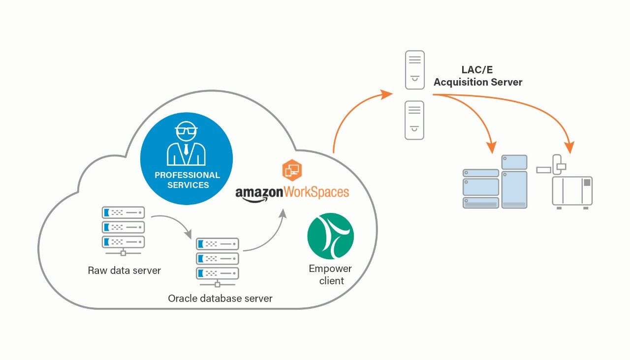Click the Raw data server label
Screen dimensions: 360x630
pos(124,270)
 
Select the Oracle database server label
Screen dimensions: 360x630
pos(220,298)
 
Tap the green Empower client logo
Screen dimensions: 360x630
pos(330,236)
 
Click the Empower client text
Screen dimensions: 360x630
pos(330,274)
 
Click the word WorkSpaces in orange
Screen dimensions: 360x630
pos(316,191)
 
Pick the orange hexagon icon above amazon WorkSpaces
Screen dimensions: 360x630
pos(292,170)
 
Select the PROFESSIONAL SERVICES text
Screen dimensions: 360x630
pos(187,180)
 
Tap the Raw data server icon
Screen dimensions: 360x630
pos(123,228)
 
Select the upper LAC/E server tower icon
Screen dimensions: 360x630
pos(414,70)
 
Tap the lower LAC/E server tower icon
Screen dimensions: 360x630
pos(414,120)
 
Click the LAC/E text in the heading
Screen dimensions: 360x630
pos(477,70)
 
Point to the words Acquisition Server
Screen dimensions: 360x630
pos(477,82)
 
